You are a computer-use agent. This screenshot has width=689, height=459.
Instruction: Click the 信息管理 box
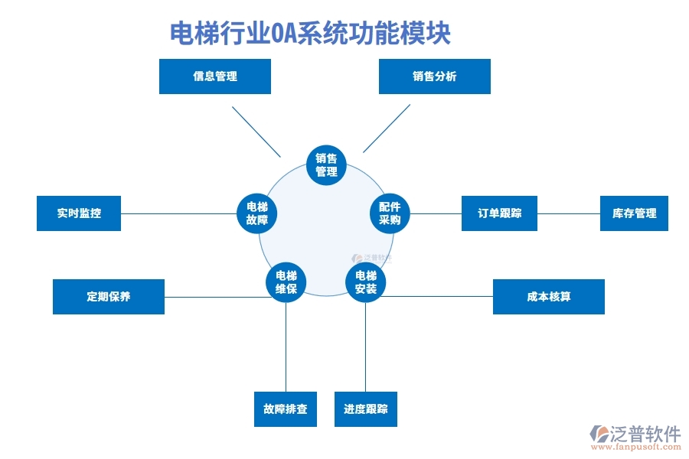(214, 76)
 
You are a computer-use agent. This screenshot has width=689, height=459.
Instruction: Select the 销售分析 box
(434, 76)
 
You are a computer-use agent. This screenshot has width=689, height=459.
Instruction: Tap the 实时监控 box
(79, 213)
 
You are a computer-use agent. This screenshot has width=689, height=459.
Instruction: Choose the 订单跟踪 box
(499, 213)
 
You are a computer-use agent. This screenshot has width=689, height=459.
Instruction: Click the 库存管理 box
(634, 213)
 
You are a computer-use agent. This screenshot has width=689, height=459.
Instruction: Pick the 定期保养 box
(108, 297)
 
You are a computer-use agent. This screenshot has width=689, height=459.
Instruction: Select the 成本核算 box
(548, 297)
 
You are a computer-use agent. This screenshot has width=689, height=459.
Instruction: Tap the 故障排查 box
(285, 409)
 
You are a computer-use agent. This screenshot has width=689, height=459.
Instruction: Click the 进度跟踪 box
(365, 409)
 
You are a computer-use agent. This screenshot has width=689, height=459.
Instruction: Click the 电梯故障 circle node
(256, 213)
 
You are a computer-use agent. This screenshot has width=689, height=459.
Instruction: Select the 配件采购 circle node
(390, 213)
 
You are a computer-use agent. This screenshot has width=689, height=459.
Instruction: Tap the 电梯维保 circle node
(286, 282)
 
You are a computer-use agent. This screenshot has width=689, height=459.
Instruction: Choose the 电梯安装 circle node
(365, 282)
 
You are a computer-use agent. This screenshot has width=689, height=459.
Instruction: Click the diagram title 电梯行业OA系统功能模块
(309, 34)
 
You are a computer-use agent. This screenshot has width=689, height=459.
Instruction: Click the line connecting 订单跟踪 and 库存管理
(568, 213)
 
